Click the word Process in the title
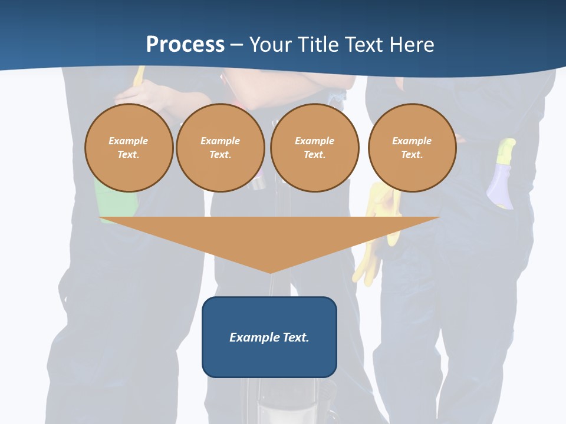coord(185,45)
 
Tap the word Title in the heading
coord(319,45)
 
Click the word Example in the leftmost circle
coord(129,141)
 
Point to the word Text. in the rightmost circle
coord(412,154)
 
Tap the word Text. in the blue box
coord(297,337)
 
